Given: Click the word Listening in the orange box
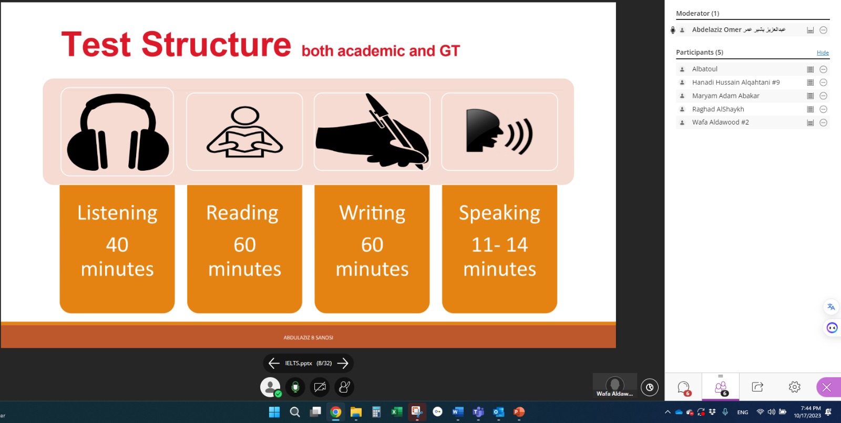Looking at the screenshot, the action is click(x=117, y=213).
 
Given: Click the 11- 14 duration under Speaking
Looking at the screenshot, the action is click(x=499, y=245).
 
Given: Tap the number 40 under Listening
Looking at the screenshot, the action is click(x=117, y=245).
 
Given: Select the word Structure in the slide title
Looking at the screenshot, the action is click(x=216, y=44).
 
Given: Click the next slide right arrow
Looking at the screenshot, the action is click(x=343, y=363).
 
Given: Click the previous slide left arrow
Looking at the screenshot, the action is click(x=274, y=363).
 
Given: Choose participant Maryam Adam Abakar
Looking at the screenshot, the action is click(x=725, y=96).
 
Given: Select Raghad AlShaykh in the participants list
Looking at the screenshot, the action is click(x=718, y=109).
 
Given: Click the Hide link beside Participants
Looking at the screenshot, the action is click(x=823, y=53).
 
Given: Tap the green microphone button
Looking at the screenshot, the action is click(x=295, y=387).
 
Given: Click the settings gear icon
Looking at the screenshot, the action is click(x=794, y=387).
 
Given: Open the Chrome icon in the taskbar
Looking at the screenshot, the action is click(x=336, y=412).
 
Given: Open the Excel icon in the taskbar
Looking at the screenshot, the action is click(x=396, y=412).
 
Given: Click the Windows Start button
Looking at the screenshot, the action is click(x=274, y=412).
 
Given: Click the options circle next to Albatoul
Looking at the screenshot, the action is click(x=823, y=69).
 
